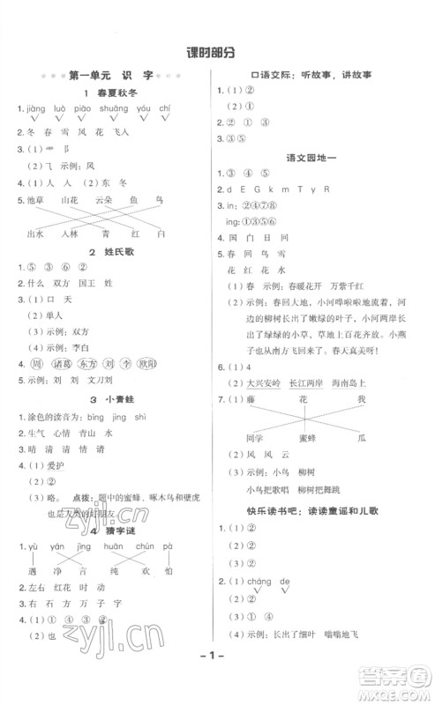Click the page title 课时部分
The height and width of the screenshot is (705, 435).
(x=217, y=53)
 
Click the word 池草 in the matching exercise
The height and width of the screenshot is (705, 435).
(x=35, y=201)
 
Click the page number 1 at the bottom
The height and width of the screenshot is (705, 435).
(x=217, y=680)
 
